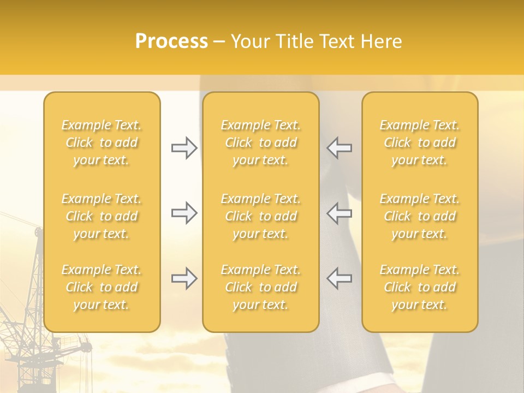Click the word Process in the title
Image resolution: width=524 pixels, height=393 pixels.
(171, 41)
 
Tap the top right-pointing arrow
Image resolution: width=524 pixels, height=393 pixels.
(184, 148)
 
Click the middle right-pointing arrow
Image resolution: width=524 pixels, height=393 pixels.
(184, 213)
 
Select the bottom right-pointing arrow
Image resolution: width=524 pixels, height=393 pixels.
(184, 278)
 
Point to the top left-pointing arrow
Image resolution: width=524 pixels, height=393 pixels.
(339, 148)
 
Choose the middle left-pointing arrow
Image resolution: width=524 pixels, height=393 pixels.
(339, 213)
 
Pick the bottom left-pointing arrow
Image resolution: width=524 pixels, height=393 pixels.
(339, 278)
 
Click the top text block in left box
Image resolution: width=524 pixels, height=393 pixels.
(102, 142)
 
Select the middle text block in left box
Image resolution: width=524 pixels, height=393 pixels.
(102, 216)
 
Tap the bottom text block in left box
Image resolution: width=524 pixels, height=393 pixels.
(102, 287)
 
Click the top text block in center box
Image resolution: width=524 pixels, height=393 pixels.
(261, 142)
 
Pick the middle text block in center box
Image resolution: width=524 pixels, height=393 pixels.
(261, 216)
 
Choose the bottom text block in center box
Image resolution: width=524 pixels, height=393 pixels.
(261, 287)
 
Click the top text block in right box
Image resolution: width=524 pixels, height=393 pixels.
(420, 142)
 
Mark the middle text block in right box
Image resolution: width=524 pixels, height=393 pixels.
(420, 216)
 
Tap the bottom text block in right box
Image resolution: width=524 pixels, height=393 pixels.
(420, 287)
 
